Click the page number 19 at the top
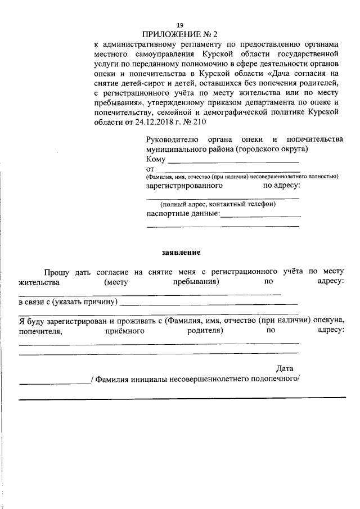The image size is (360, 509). [x=180, y=25]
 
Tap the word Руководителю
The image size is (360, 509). [x=172, y=139]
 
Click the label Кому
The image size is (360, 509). [x=156, y=159]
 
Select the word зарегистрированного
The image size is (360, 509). [x=184, y=185]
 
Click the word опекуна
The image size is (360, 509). [x=329, y=321]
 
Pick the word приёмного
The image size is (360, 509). [x=125, y=331]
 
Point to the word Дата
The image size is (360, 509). [x=285, y=369]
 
